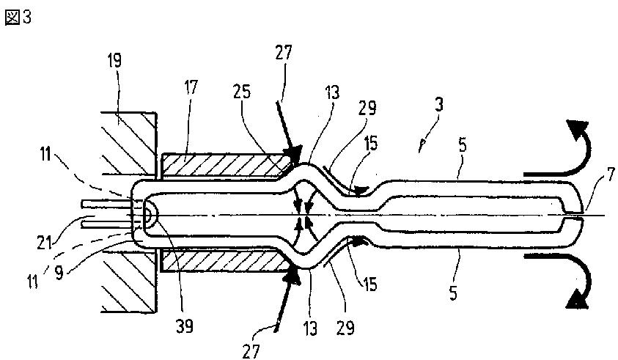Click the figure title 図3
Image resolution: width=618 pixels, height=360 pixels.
(18, 18)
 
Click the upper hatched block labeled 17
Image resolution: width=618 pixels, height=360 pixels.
(220, 165)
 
